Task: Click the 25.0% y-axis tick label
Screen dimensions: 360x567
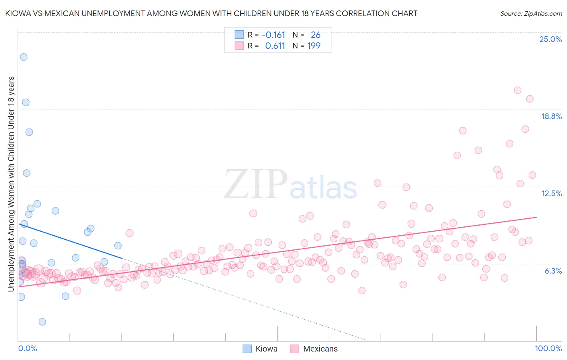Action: tap(550, 40)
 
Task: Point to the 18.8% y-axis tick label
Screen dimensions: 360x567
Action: tap(551, 117)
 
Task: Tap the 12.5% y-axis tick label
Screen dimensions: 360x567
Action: tap(551, 194)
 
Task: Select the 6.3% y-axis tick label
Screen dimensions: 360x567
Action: tap(553, 271)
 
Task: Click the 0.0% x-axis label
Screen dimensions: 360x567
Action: tap(27, 348)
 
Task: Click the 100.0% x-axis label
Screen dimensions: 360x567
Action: tap(548, 348)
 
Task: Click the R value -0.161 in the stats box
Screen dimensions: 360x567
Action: tap(273, 35)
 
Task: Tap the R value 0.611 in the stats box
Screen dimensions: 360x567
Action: tap(275, 46)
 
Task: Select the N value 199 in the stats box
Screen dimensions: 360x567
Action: tap(314, 46)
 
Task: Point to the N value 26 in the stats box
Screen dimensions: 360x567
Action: tap(315, 35)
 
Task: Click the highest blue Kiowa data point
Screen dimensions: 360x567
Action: tap(24, 57)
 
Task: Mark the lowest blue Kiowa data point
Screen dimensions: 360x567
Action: tap(42, 322)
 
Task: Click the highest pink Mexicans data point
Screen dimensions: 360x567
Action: tap(518, 90)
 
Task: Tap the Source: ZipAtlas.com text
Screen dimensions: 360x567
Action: tap(531, 14)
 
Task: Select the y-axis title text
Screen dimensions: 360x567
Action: tap(11, 184)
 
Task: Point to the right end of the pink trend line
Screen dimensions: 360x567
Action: tap(536, 217)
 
